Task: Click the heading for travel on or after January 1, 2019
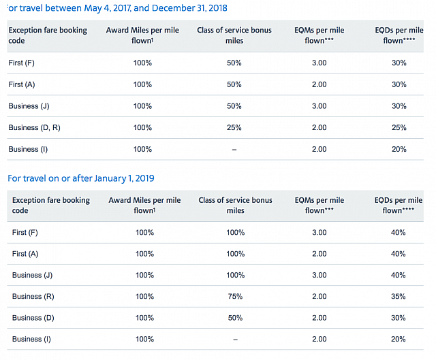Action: pos(80,178)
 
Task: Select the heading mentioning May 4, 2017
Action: pos(116,8)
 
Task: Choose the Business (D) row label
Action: pos(35,317)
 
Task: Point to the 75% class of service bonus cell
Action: pos(235,296)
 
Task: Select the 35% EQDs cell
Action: pos(399,296)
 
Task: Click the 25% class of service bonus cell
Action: pos(234,127)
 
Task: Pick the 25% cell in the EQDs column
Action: pos(399,127)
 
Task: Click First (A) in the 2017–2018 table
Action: pos(26,84)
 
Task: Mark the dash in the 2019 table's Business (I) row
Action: pos(235,339)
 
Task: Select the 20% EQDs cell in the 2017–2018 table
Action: pos(399,149)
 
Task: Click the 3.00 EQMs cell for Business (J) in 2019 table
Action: pos(320,275)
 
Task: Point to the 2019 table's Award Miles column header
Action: pos(144,205)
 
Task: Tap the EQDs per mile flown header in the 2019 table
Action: pos(399,205)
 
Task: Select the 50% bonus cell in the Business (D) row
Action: pos(235,317)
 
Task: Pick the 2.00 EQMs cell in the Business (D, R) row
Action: pos(320,127)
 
